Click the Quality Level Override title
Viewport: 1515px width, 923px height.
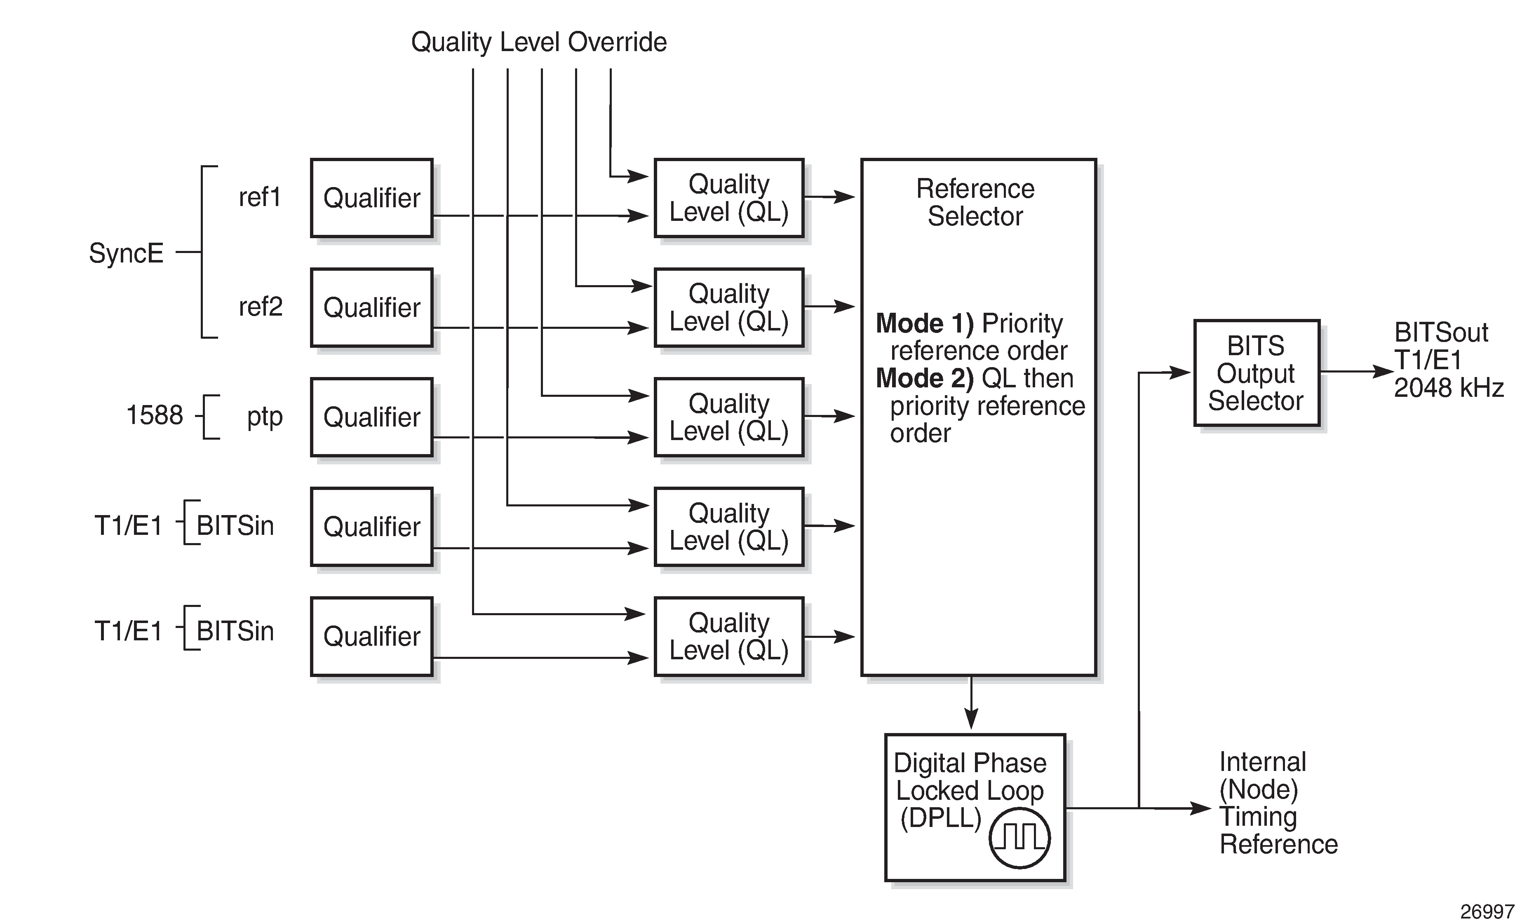(539, 42)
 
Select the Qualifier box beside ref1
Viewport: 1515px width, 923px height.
(372, 198)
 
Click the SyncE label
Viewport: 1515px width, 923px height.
(126, 253)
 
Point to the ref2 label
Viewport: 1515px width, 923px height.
(261, 306)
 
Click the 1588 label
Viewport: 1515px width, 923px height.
(154, 415)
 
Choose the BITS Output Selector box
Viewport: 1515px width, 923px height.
(1256, 372)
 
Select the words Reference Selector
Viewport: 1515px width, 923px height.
(975, 202)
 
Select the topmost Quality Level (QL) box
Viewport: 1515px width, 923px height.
(728, 198)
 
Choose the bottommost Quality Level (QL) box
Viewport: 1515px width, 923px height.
(728, 636)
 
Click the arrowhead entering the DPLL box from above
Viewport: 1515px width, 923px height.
(971, 720)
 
